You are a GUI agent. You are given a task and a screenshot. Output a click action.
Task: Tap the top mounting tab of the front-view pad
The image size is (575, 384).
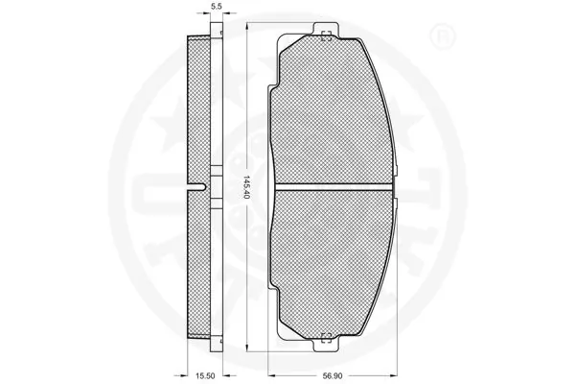pos(325,30)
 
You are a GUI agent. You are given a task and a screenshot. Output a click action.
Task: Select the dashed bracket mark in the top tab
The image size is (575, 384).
pos(325,37)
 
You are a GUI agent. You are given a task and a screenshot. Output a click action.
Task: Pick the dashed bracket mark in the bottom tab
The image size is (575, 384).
pos(325,336)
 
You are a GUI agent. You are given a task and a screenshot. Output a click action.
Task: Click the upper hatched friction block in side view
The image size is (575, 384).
pos(198,110)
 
